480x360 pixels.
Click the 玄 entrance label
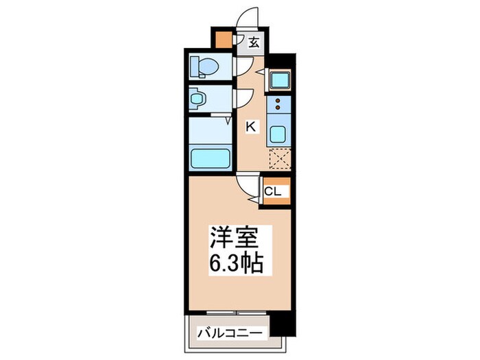253,43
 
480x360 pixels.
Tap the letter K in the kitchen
251,125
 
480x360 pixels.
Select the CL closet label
272,191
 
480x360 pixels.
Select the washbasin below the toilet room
197,99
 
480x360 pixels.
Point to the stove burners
279,104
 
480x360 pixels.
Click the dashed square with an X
280,159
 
